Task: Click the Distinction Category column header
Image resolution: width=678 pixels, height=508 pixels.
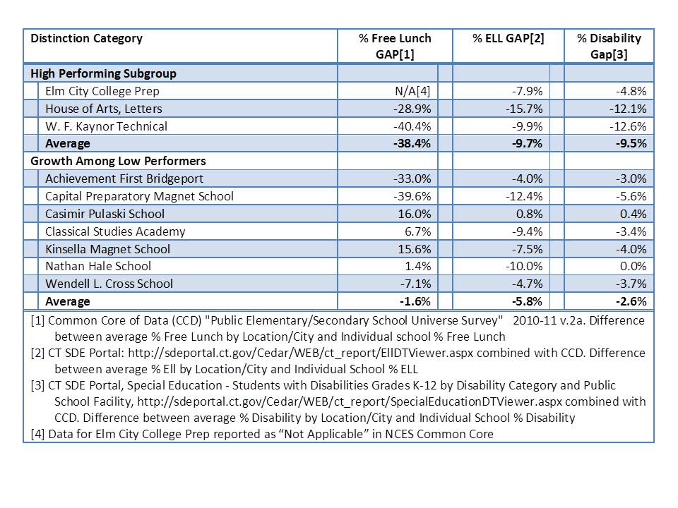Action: pos(86,38)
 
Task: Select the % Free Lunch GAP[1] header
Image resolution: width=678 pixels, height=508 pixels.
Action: pos(394,46)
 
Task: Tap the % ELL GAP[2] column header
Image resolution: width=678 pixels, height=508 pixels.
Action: pos(508,38)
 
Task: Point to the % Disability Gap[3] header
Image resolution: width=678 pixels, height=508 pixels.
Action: pos(609,46)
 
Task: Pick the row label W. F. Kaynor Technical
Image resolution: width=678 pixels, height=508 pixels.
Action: pos(106,126)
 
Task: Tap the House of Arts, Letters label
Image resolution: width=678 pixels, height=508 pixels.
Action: pos(103,109)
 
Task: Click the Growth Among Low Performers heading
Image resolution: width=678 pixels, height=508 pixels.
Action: pos(118,161)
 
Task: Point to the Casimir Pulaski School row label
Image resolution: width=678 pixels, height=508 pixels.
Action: pos(105,214)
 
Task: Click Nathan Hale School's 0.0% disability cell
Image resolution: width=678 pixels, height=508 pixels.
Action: pos(632,266)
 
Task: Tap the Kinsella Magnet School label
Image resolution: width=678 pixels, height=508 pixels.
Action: pos(107,248)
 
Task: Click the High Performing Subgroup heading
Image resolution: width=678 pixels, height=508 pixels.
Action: pos(103,73)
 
